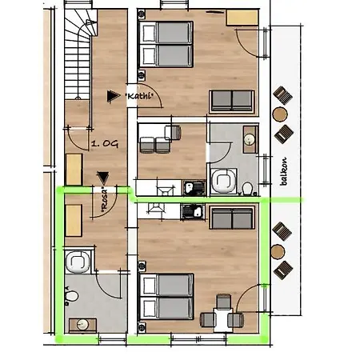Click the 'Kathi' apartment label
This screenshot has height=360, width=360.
click(139, 96)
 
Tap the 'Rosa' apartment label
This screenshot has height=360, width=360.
click(105, 201)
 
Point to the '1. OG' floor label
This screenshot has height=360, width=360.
click(105, 144)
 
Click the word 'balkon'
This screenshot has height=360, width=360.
click(283, 171)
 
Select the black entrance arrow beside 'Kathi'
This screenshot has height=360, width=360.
click(113, 96)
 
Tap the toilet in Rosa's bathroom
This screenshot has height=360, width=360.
click(71, 296)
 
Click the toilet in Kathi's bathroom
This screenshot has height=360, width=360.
click(247, 189)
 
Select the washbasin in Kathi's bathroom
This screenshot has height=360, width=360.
click(250, 139)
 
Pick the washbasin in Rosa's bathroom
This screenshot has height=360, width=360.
click(82, 325)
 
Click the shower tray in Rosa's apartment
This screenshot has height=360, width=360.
click(78, 262)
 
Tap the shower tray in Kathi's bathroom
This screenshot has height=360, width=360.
click(224, 181)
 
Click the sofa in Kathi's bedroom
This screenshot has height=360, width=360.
click(232, 101)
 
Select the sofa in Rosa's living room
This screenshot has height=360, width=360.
click(232, 218)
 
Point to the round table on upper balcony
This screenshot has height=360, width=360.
click(280, 114)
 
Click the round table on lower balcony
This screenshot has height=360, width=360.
click(278, 251)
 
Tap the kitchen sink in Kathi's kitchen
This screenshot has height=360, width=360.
click(194, 188)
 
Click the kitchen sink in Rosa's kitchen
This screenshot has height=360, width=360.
click(193, 212)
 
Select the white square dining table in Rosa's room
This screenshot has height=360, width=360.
click(223, 320)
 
